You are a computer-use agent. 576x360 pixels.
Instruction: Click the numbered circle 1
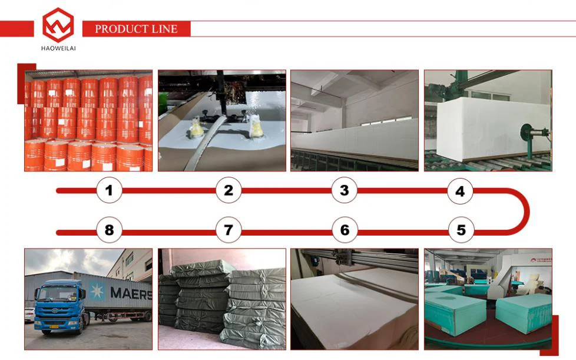coord(109,190)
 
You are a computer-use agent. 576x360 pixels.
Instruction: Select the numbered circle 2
coord(229,190)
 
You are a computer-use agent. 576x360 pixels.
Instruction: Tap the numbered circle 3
coord(345,190)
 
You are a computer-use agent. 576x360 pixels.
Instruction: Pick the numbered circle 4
coord(460,191)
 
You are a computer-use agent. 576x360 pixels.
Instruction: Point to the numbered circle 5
coord(461,230)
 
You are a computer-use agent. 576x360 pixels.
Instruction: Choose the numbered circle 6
coord(345,230)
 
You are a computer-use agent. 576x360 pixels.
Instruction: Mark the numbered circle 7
coord(229,230)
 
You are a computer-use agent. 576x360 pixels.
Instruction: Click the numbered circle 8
coord(109,230)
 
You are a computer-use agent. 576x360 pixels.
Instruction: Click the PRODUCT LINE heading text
coord(136,29)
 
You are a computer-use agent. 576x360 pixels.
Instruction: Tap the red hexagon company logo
coord(58,25)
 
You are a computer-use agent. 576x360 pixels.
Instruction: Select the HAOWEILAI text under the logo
coord(58,48)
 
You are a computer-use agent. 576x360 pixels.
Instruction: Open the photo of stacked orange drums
coord(88,121)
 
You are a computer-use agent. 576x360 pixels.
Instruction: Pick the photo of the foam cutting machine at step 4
coord(488,121)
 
